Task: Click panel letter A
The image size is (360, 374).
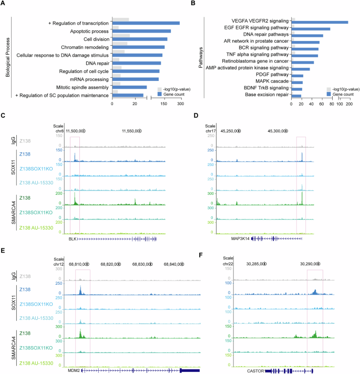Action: pos(4,4)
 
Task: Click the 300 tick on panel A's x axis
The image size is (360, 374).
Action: pos(180,104)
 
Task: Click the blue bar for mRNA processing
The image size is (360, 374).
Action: pos(135,79)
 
